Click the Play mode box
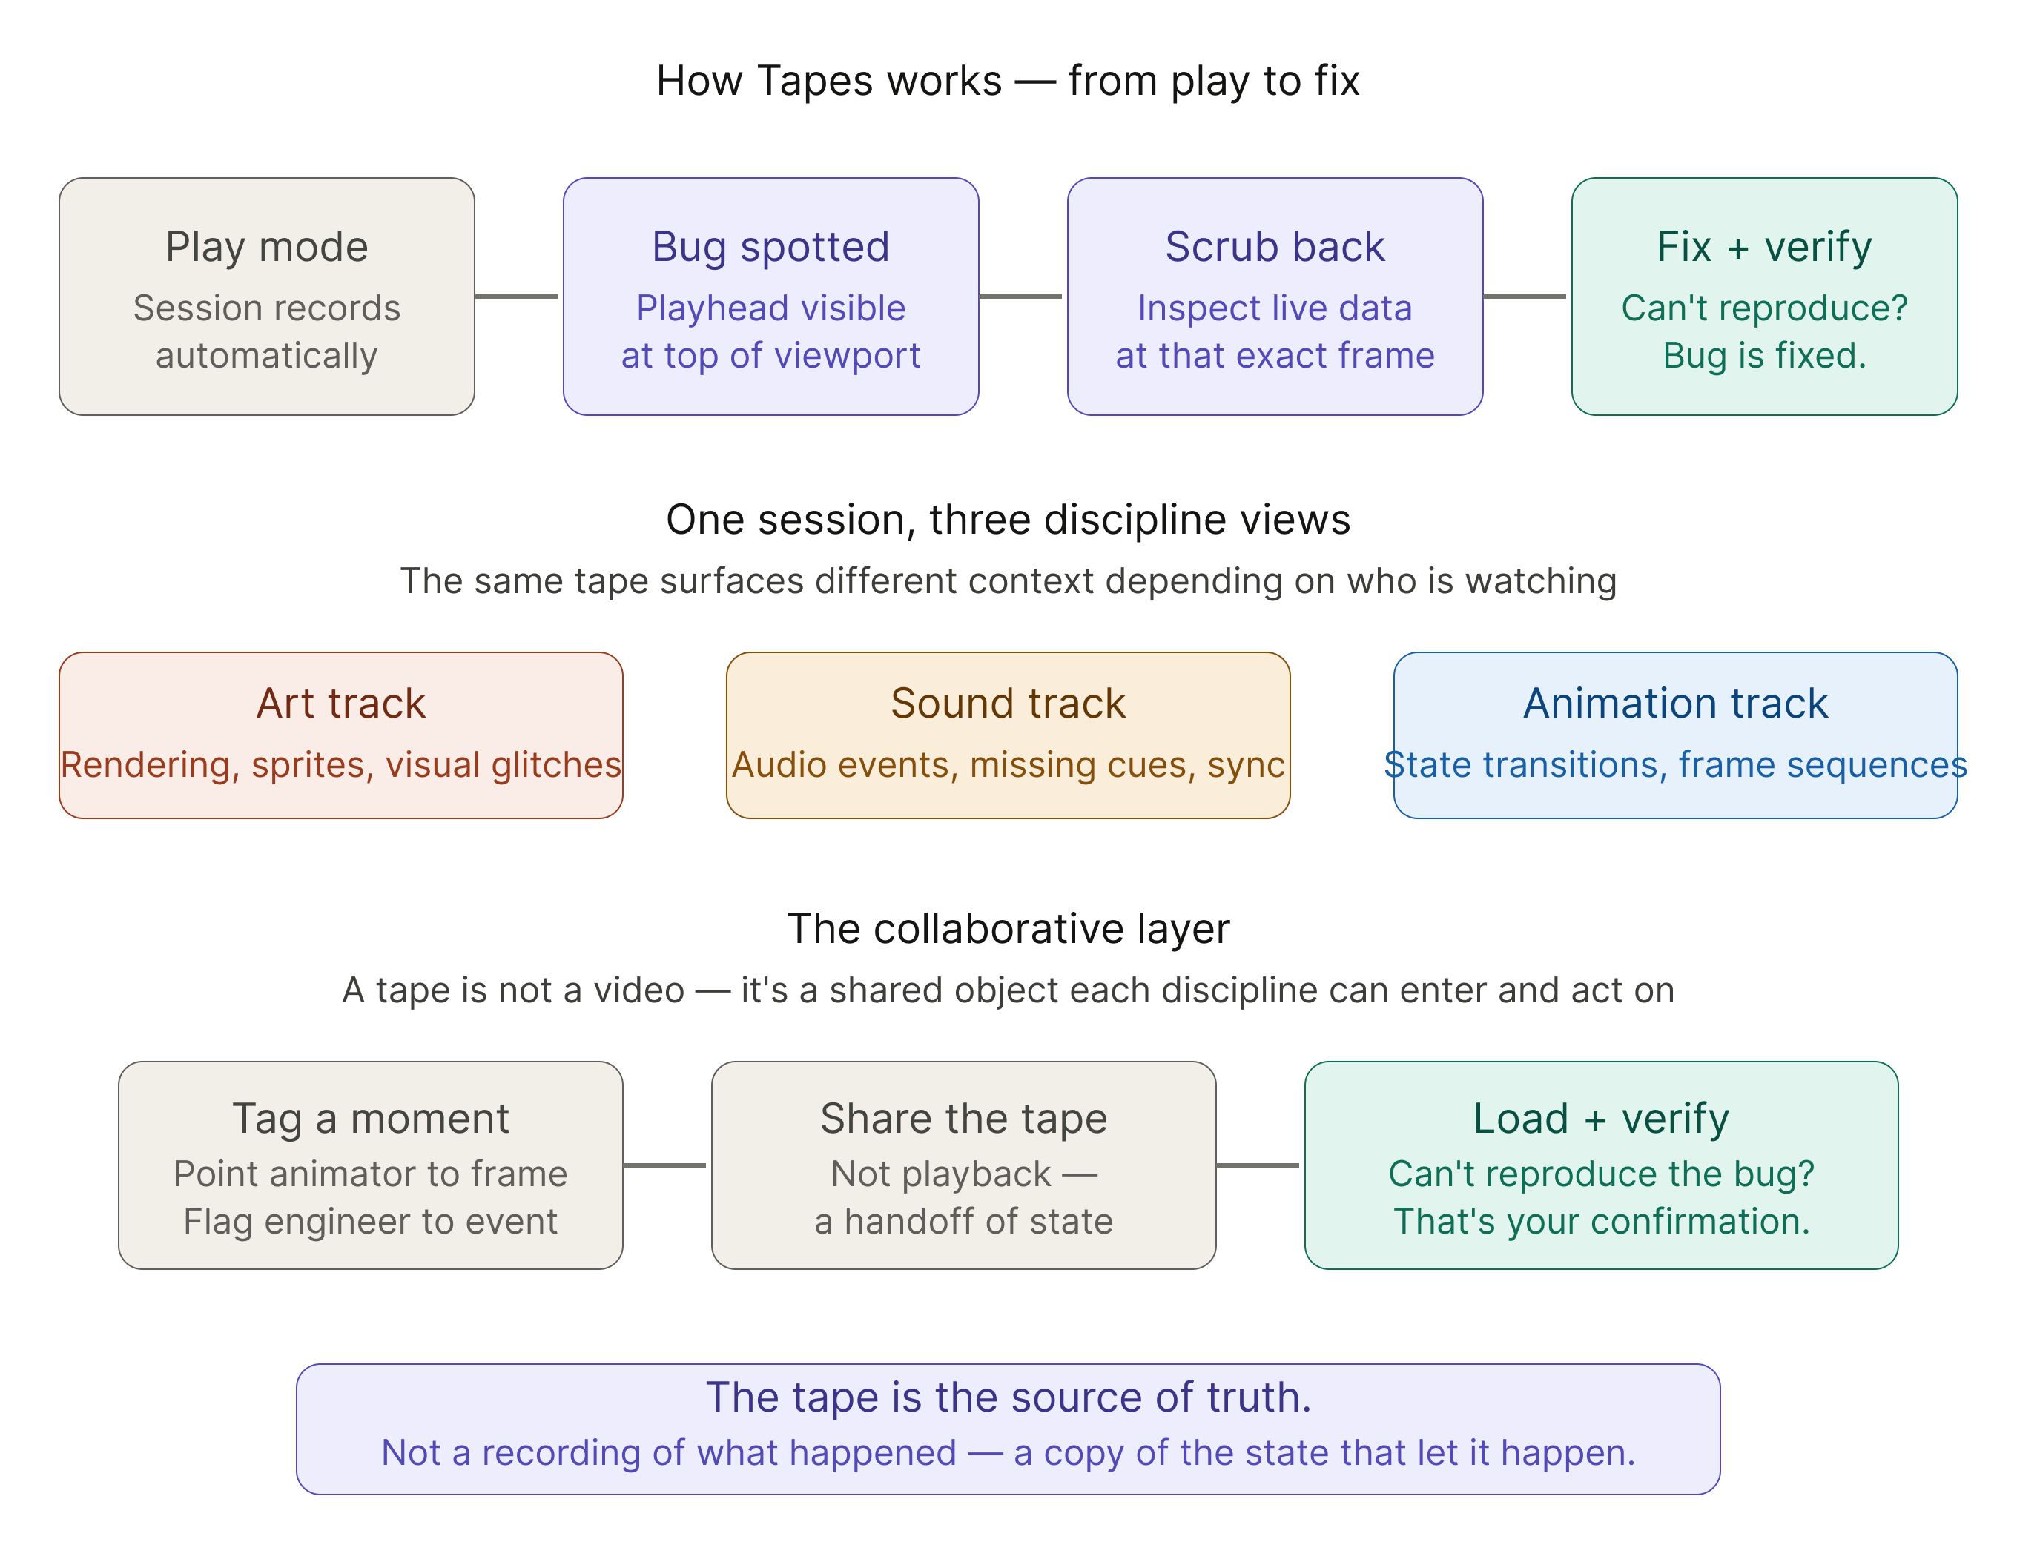point(266,297)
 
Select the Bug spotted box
point(770,297)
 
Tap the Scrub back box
point(1274,297)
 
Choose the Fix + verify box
point(1763,297)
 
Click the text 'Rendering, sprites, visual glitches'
point(340,764)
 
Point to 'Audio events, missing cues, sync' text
point(1007,764)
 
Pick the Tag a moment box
point(370,1165)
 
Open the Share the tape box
point(963,1165)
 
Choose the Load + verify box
point(1601,1165)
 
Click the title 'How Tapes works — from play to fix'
point(1008,81)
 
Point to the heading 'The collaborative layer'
point(1008,929)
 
